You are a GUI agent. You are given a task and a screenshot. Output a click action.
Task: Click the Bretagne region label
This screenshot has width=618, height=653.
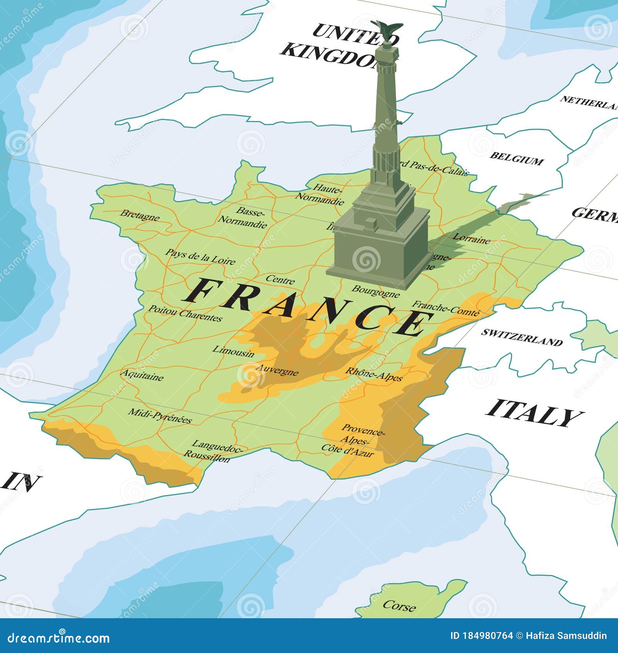140,215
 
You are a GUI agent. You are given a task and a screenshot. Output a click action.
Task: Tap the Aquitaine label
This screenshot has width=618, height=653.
142,375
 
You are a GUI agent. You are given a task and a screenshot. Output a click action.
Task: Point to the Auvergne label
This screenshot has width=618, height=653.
277,370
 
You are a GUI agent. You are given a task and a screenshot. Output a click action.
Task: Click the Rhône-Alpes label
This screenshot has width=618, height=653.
374,374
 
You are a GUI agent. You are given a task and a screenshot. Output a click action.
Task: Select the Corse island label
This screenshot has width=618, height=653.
399,605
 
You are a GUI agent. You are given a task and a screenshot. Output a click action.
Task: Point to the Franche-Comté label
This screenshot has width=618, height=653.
446,308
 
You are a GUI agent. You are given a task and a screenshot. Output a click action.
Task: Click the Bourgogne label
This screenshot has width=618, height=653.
375,292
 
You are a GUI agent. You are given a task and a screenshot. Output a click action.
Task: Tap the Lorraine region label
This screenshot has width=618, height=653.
471,238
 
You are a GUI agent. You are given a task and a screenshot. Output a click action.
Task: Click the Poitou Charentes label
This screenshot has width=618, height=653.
185,313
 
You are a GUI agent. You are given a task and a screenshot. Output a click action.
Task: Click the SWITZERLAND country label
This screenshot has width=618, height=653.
521,337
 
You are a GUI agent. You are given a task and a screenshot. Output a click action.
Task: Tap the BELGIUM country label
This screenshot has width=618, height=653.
516,158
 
